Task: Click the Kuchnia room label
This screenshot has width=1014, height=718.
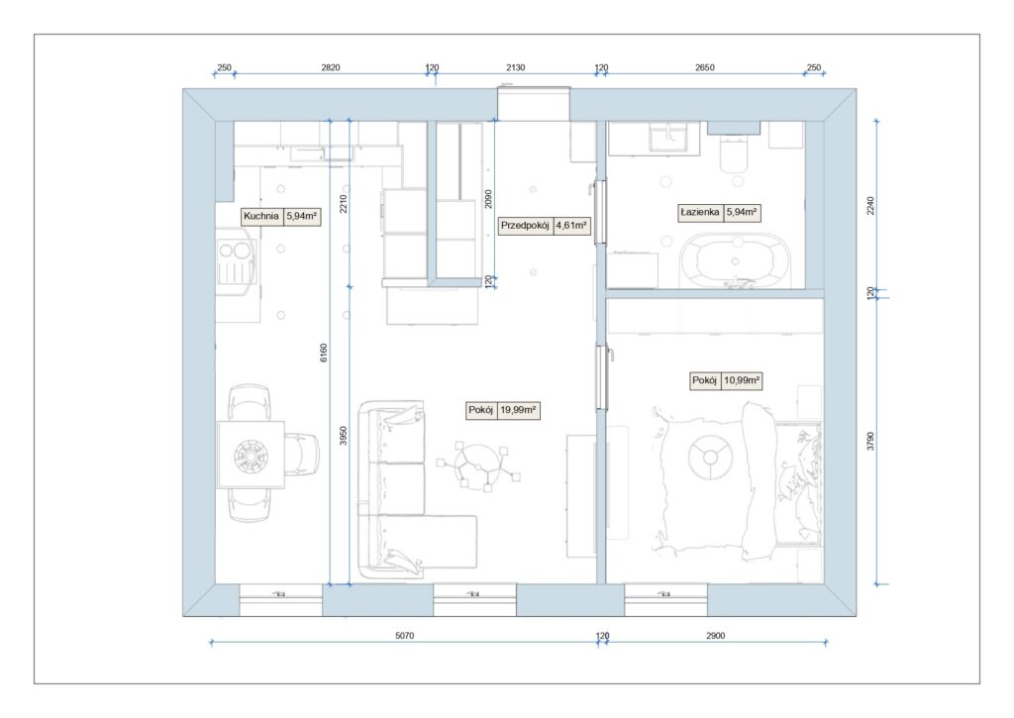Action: pyautogui.click(x=261, y=216)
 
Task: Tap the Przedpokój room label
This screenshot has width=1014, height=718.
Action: pyautogui.click(x=525, y=226)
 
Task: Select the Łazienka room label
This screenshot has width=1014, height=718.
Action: pyautogui.click(x=700, y=212)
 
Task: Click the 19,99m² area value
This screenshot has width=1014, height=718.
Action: pyautogui.click(x=518, y=410)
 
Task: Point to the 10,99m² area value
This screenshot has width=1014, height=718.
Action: pyautogui.click(x=741, y=380)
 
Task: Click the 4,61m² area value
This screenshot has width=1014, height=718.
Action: pyautogui.click(x=571, y=226)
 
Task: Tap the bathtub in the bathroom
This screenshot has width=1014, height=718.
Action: pyautogui.click(x=736, y=259)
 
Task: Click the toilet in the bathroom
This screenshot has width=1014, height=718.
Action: pyautogui.click(x=734, y=154)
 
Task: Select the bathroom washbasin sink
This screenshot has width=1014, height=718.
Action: pyautogui.click(x=670, y=139)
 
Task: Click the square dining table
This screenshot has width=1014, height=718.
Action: pyautogui.click(x=251, y=455)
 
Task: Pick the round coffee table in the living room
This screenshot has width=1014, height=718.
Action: pyautogui.click(x=479, y=464)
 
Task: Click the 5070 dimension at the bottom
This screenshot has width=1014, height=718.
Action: pyautogui.click(x=405, y=636)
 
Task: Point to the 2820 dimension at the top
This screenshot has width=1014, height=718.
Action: pyautogui.click(x=331, y=67)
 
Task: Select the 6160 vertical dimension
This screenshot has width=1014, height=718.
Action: pyautogui.click(x=324, y=353)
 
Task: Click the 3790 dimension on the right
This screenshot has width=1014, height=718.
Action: pyautogui.click(x=870, y=441)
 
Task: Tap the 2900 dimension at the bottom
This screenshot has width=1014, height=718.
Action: pyautogui.click(x=715, y=636)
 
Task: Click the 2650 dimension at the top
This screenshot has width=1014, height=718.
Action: pyautogui.click(x=705, y=67)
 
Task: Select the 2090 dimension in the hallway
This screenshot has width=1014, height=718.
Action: pyautogui.click(x=489, y=199)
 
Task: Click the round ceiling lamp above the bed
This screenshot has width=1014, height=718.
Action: pyautogui.click(x=710, y=458)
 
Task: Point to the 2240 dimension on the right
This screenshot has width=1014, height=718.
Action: pyautogui.click(x=870, y=206)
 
